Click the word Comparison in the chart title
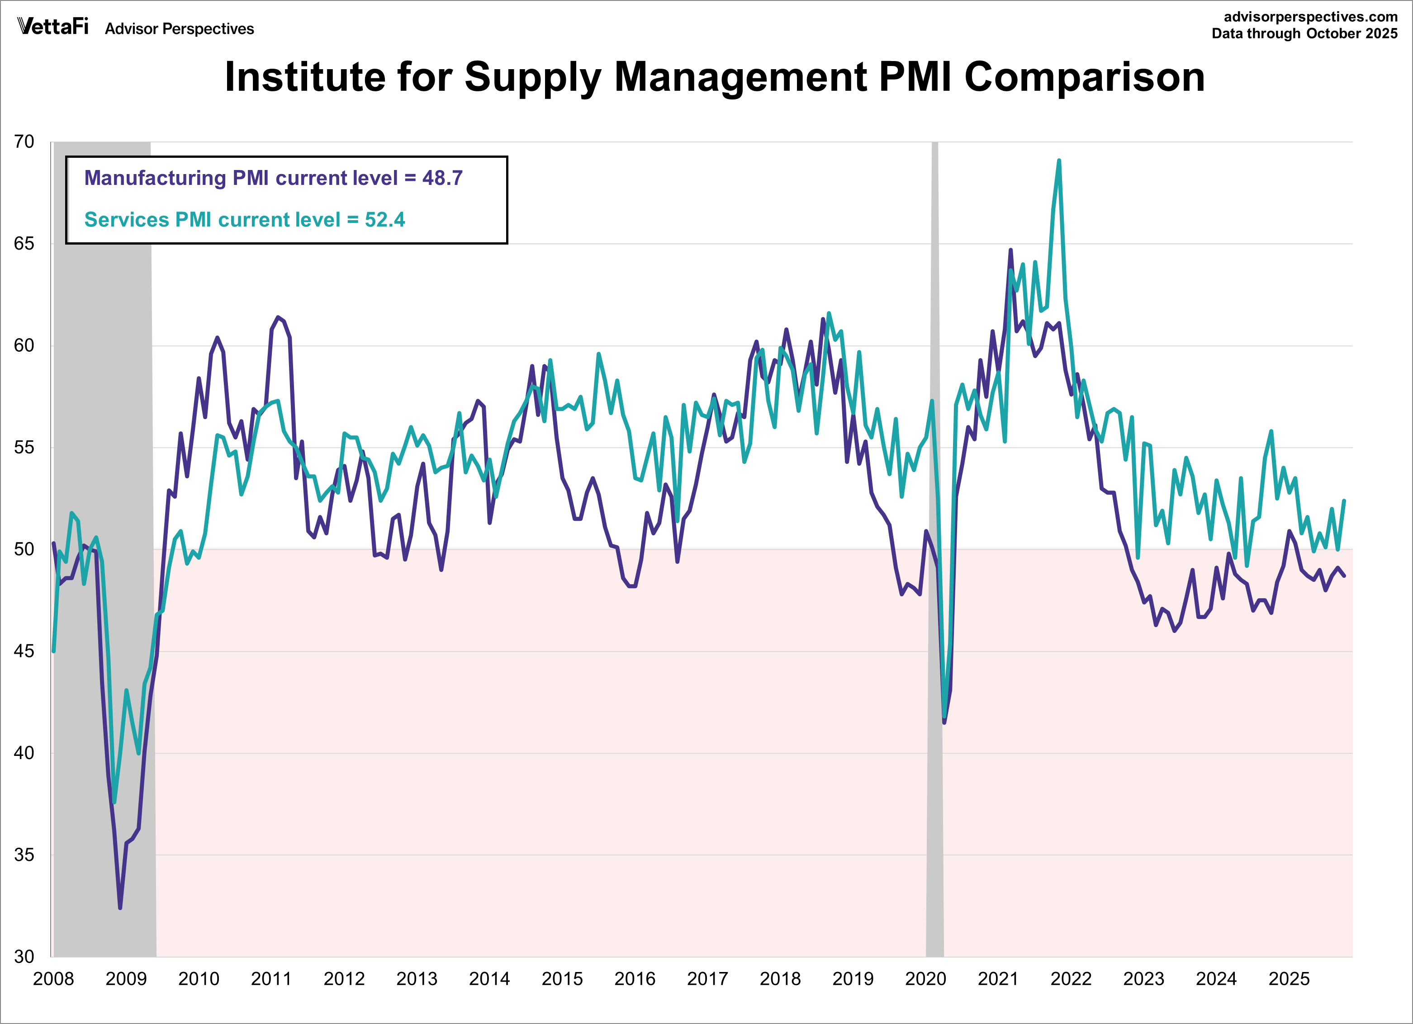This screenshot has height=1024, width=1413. pyautogui.click(x=1084, y=77)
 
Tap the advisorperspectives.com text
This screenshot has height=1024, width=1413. pyautogui.click(x=1310, y=17)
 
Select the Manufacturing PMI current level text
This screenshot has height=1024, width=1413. pyautogui.click(x=273, y=178)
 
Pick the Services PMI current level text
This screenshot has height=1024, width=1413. pyautogui.click(x=244, y=220)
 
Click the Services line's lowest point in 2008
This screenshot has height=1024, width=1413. pyautogui.click(x=114, y=802)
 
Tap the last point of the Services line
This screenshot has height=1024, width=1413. pyautogui.click(x=1344, y=501)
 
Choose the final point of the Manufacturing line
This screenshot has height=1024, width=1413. pyautogui.click(x=1344, y=576)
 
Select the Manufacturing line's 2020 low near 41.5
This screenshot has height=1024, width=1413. pyautogui.click(x=944, y=722)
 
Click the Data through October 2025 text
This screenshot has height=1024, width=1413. pyautogui.click(x=1304, y=33)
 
